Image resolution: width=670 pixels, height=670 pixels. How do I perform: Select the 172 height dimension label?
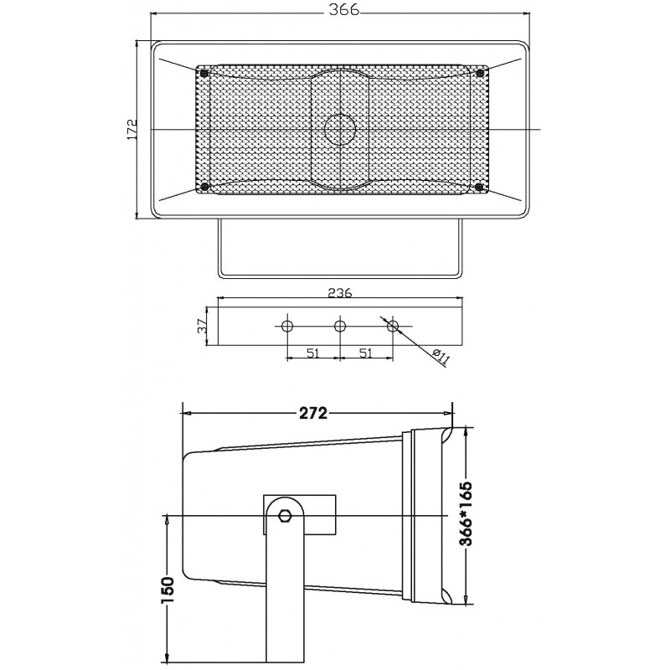(x=131, y=130)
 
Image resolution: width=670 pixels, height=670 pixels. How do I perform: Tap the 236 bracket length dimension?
(x=340, y=293)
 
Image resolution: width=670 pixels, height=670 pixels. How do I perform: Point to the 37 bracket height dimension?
(x=202, y=326)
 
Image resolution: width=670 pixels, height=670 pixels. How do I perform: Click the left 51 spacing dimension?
(x=312, y=353)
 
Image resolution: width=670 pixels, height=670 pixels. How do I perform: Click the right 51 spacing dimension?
(x=366, y=353)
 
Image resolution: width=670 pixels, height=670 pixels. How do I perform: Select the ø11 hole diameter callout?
(x=441, y=357)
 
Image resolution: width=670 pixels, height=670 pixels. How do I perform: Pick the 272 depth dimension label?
(x=312, y=412)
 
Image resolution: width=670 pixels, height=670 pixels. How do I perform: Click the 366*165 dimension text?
(x=466, y=515)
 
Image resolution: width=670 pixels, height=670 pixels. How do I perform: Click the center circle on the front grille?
(x=340, y=129)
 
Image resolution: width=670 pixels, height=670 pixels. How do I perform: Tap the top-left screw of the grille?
(x=204, y=74)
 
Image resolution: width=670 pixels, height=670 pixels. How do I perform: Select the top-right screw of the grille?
(x=479, y=74)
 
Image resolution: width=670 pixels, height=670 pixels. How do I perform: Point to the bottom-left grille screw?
(x=204, y=186)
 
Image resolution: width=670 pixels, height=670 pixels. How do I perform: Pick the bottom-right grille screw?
(x=479, y=186)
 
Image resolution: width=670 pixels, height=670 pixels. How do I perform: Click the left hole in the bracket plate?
(x=287, y=326)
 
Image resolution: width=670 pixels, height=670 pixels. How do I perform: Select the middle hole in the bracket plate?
(x=340, y=326)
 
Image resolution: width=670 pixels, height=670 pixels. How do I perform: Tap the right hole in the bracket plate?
(x=393, y=326)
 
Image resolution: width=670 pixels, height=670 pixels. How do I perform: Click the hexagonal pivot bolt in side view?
(x=285, y=515)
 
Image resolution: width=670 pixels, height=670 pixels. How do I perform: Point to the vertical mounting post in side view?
(x=284, y=603)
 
